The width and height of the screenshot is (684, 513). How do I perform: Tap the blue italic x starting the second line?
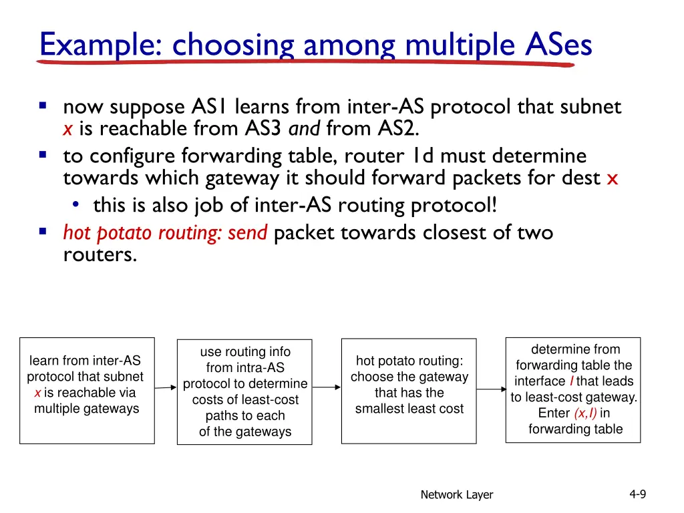(x=67, y=128)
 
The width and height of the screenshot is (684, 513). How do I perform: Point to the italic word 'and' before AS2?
(x=305, y=128)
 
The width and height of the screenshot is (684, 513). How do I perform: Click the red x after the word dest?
(x=613, y=179)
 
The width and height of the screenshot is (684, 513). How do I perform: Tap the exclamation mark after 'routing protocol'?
(x=495, y=205)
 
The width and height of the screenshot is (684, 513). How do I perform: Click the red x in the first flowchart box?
(x=38, y=393)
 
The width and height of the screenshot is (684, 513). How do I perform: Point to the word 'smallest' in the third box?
(x=379, y=409)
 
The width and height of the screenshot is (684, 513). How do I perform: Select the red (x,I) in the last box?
(x=585, y=413)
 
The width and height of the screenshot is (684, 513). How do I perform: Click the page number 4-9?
(x=637, y=494)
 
